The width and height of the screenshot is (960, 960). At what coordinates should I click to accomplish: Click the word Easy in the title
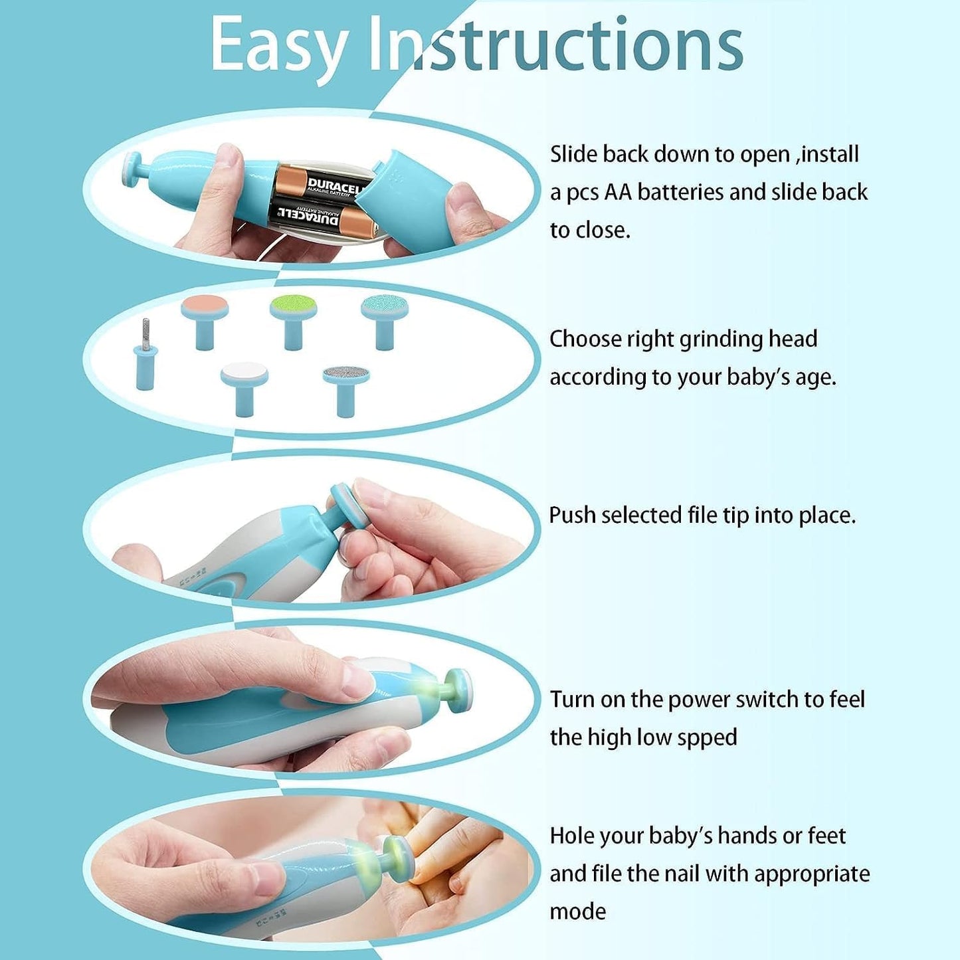click(x=279, y=45)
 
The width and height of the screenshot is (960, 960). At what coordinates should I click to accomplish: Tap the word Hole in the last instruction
click(x=573, y=836)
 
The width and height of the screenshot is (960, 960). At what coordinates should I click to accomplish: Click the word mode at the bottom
click(x=577, y=912)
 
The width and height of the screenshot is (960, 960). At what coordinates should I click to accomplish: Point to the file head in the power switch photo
click(x=458, y=691)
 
